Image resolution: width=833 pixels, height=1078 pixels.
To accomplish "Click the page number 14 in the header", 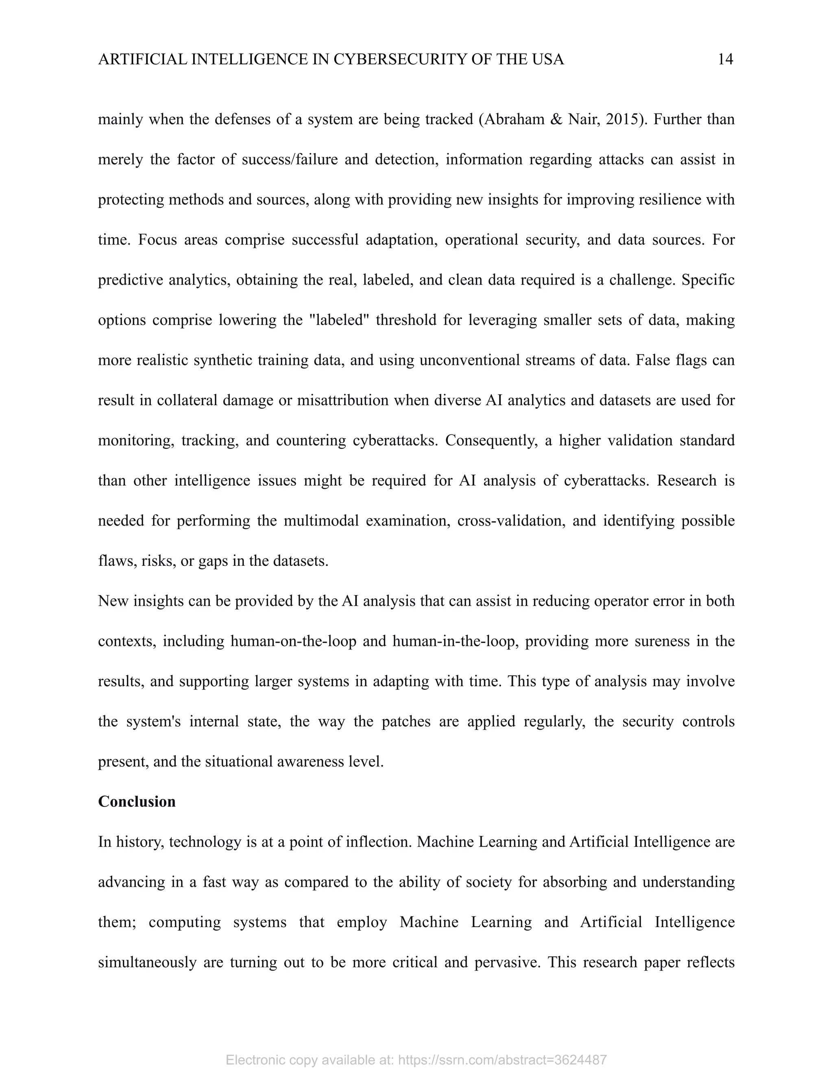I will [725, 60].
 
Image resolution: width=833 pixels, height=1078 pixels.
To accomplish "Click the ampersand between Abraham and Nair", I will [555, 120].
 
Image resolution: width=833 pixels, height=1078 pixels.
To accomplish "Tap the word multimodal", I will [321, 521].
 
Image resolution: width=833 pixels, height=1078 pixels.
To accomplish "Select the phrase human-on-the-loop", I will [293, 641].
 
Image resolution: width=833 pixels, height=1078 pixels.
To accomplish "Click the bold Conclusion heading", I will [137, 802].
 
